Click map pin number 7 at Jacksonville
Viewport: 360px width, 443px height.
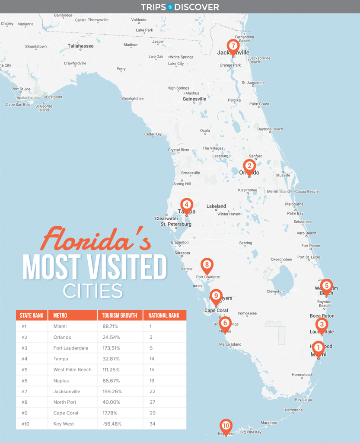[x=233, y=46]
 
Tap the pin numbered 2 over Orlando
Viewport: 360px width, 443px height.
[x=249, y=166]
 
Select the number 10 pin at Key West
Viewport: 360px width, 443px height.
[x=226, y=426]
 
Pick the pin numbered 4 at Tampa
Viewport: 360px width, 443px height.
[x=186, y=205]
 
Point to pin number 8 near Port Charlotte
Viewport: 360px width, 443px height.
[x=207, y=264]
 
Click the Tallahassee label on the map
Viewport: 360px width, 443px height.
[x=80, y=46]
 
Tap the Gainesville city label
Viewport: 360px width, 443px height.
[x=194, y=99]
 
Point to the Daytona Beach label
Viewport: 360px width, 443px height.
[x=270, y=129]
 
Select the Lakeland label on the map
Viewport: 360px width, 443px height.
[x=216, y=206]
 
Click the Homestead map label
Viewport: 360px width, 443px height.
[x=302, y=375]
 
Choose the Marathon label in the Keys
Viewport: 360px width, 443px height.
[x=268, y=423]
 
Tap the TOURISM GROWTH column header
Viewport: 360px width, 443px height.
[x=120, y=315]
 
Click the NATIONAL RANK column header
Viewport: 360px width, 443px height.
[x=164, y=315]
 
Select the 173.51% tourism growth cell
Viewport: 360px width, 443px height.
[x=112, y=348]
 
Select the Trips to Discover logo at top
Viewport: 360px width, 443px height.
[x=180, y=7]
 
